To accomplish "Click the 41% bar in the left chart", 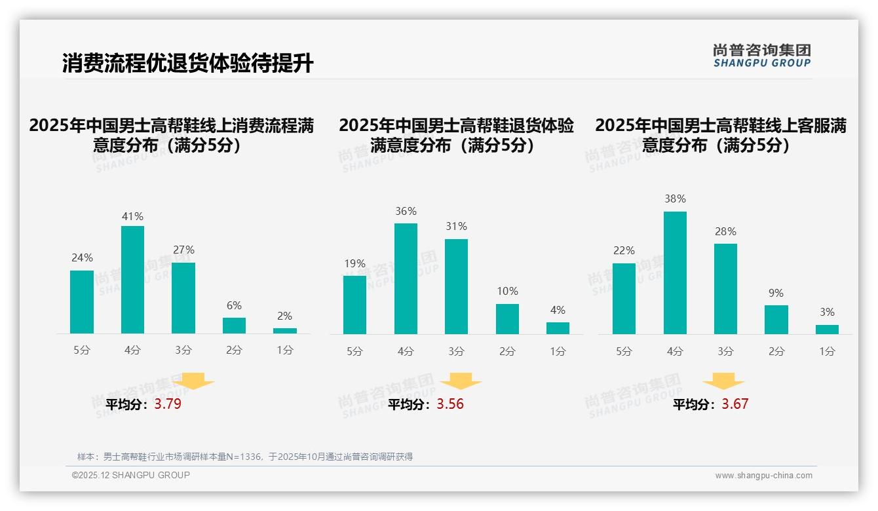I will coord(132,280).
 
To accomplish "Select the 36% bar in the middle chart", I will coord(406,278).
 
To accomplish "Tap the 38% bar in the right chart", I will coord(675,273).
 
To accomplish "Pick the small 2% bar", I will coord(285,331).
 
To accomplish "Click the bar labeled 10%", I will coord(507,319).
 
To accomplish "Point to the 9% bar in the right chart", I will coord(776,320).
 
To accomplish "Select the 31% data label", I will coord(456,227).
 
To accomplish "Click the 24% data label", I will coord(82,258).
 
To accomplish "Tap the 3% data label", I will coord(827,312).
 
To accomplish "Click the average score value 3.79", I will coord(168,404).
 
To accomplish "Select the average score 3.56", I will coord(450,404).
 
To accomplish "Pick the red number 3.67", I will coord(735,404).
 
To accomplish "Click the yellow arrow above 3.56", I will coord(461,381).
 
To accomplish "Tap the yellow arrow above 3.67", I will coord(723,381).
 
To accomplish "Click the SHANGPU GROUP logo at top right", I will coord(761,55).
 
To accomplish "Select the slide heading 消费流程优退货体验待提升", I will coord(188,64).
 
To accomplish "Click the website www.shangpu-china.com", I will coord(763,476).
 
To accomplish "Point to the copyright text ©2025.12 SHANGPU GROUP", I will coord(131,475).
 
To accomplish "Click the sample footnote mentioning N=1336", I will coord(245,457).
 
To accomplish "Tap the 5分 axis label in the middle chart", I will coord(354,352).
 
